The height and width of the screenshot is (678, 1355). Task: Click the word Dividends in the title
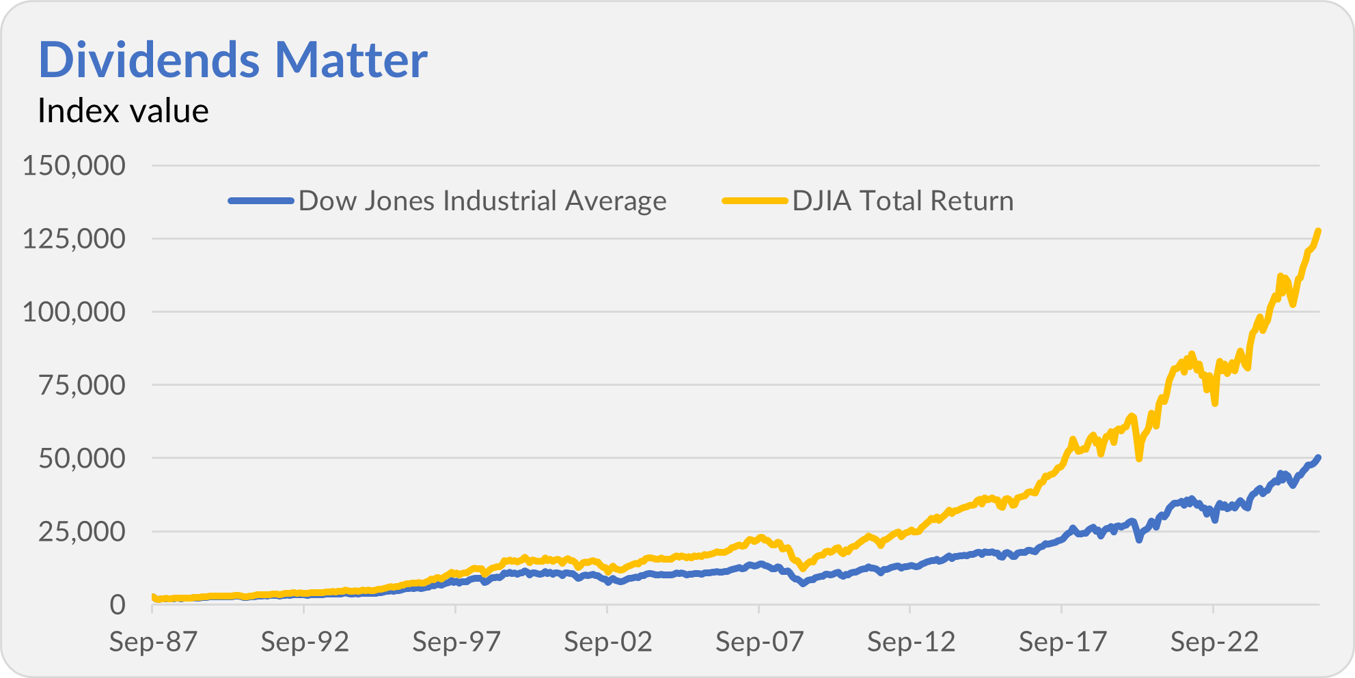tap(149, 60)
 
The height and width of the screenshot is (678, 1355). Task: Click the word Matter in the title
tap(351, 60)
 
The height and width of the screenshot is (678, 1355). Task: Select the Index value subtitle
tap(123, 111)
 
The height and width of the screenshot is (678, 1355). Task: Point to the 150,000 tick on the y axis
tap(74, 165)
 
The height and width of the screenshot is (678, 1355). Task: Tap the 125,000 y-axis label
tap(74, 239)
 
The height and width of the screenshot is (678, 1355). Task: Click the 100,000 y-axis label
tap(74, 312)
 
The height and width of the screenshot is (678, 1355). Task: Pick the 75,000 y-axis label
tap(82, 385)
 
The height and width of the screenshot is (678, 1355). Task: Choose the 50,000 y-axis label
tap(82, 458)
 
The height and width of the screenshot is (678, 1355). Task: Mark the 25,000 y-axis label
tap(82, 531)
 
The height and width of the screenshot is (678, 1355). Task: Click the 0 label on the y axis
tap(118, 604)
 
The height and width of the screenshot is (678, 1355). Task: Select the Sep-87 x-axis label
tap(153, 642)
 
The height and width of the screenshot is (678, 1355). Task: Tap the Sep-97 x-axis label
tap(456, 642)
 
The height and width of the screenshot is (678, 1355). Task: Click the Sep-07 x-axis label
tap(760, 642)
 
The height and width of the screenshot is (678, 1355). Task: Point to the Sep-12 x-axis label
tap(912, 642)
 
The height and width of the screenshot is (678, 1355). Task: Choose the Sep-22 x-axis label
tap(1214, 642)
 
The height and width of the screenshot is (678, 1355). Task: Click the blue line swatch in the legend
tap(261, 201)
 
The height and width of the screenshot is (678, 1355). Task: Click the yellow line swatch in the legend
tap(755, 201)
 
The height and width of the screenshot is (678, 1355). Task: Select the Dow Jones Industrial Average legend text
tap(482, 201)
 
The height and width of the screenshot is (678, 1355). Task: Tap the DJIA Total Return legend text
tap(903, 201)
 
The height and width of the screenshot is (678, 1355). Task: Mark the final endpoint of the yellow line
tap(1318, 231)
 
